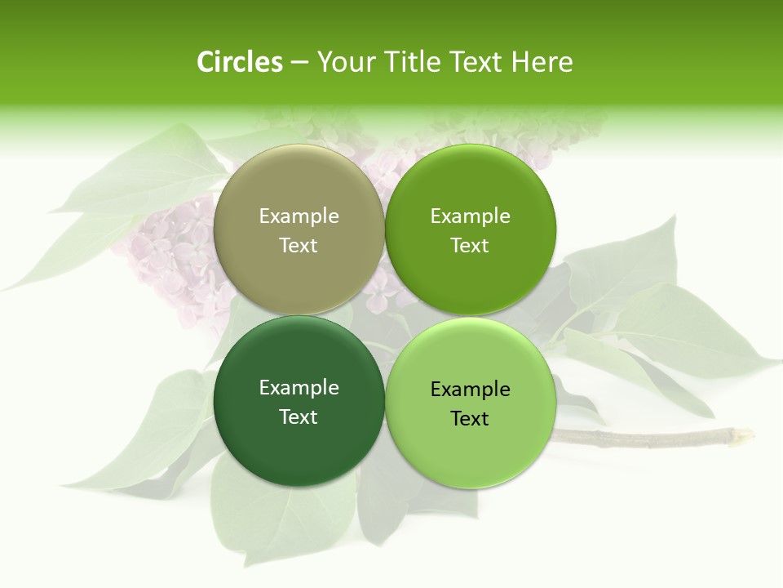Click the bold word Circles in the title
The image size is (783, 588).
pyautogui.click(x=240, y=62)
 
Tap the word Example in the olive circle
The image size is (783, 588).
pyautogui.click(x=299, y=216)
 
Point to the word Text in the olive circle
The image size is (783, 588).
pyautogui.click(x=299, y=245)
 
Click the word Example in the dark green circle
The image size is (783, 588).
pyautogui.click(x=299, y=387)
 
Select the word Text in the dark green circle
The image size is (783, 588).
pyautogui.click(x=299, y=416)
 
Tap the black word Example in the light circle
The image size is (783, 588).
pyautogui.click(x=470, y=389)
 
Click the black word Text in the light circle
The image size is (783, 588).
pyautogui.click(x=470, y=418)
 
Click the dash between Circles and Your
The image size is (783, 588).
pyautogui.click(x=299, y=62)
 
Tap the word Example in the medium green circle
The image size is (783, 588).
pyautogui.click(x=470, y=216)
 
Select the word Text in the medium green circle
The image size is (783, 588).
pyautogui.click(x=470, y=245)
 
